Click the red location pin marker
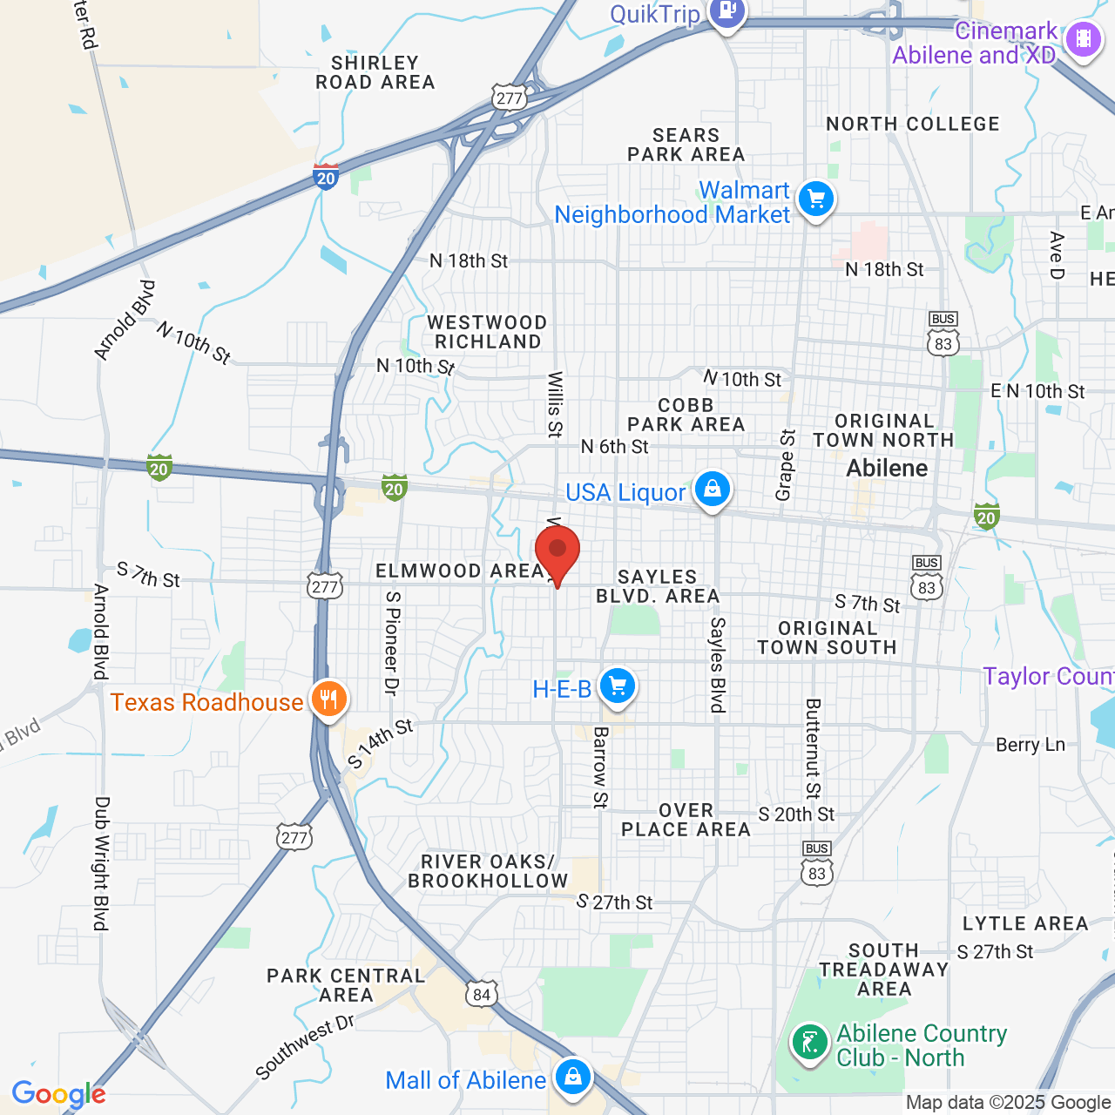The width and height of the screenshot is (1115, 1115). (557, 552)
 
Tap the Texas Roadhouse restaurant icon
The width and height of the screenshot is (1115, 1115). (328, 699)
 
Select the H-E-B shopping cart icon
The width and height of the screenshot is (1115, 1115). (618, 686)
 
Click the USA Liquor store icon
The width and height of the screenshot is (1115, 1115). (713, 489)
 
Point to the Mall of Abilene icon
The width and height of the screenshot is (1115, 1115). (572, 1078)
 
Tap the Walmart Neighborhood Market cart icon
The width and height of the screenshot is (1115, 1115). (816, 199)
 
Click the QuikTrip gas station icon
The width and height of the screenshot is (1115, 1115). (726, 12)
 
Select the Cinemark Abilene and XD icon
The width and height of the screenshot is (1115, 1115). (1084, 39)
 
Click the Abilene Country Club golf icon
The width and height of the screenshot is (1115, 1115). (810, 1043)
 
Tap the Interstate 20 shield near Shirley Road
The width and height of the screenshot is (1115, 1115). (326, 177)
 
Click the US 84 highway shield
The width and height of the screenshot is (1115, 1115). (482, 994)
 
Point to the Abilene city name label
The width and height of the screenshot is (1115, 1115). (887, 469)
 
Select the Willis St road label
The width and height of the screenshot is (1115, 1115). (555, 403)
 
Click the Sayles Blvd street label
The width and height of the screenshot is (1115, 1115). (718, 665)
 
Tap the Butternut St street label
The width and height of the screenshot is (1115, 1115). (813, 748)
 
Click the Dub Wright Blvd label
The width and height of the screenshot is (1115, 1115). (102, 863)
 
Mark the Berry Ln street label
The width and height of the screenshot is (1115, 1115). (1031, 745)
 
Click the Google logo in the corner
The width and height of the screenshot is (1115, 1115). (58, 1095)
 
